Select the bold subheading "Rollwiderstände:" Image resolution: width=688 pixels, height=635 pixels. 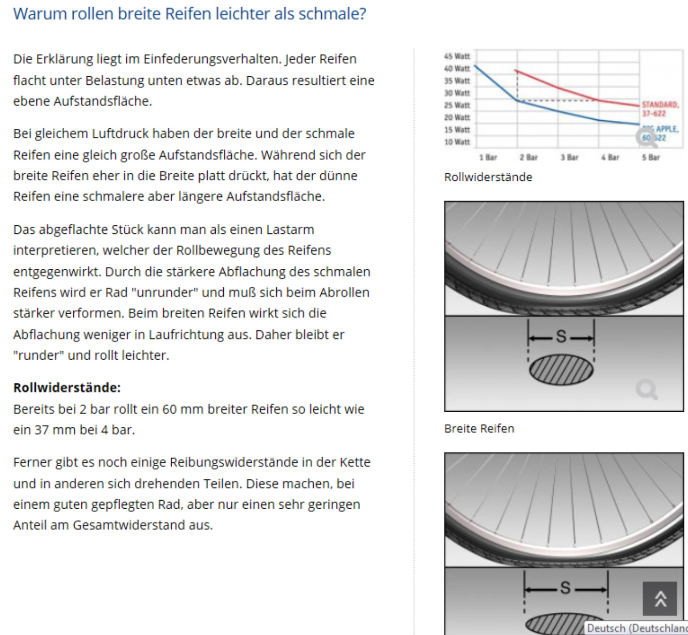pyautogui.click(x=67, y=387)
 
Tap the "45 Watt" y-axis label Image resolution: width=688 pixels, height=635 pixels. pyautogui.click(x=457, y=56)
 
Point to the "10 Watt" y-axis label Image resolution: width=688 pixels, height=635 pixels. pyautogui.click(x=457, y=142)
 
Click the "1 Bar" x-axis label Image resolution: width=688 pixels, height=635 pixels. pyautogui.click(x=488, y=158)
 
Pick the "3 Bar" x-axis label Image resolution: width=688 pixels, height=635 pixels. pyautogui.click(x=569, y=158)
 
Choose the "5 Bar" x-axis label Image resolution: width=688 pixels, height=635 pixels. pyautogui.click(x=651, y=158)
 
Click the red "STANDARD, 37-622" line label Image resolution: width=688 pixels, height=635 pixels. pyautogui.click(x=660, y=109)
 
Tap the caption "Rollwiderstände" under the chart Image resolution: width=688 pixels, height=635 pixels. pyautogui.click(x=488, y=177)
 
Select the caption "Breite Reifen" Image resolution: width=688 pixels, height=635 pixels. pyautogui.click(x=479, y=428)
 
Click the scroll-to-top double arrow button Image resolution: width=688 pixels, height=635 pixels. pyautogui.click(x=660, y=599)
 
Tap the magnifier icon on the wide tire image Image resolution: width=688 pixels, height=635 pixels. pyautogui.click(x=646, y=390)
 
